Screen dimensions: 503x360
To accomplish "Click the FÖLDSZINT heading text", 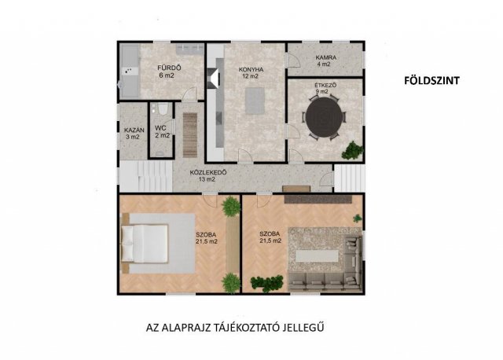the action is [x=431, y=80].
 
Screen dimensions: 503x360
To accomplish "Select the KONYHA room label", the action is [x=251, y=69].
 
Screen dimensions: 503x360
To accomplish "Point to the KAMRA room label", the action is [x=326, y=57].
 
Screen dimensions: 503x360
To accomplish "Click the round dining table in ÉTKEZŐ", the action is [x=324, y=118].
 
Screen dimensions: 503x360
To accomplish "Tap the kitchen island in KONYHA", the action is [x=255, y=101].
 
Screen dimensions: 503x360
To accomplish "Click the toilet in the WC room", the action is [x=163, y=108].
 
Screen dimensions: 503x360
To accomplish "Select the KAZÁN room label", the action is [x=134, y=130].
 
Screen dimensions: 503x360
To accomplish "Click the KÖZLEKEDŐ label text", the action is [x=208, y=173].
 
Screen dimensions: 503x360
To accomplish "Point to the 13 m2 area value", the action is [x=207, y=180].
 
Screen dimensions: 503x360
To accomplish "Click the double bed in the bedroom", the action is [x=145, y=243].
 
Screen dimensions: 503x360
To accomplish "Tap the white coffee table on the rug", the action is [x=317, y=256].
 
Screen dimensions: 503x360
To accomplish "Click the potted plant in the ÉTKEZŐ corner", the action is [x=352, y=150].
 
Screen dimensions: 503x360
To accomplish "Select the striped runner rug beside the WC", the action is [x=190, y=135].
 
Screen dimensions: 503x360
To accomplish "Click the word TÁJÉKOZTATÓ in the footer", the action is [x=246, y=328].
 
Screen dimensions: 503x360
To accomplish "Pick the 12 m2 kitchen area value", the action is [x=251, y=76].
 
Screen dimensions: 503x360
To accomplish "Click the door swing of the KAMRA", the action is [x=293, y=60].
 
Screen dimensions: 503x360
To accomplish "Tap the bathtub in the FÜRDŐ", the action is [x=130, y=71].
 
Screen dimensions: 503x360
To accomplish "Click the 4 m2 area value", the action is [x=324, y=64].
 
